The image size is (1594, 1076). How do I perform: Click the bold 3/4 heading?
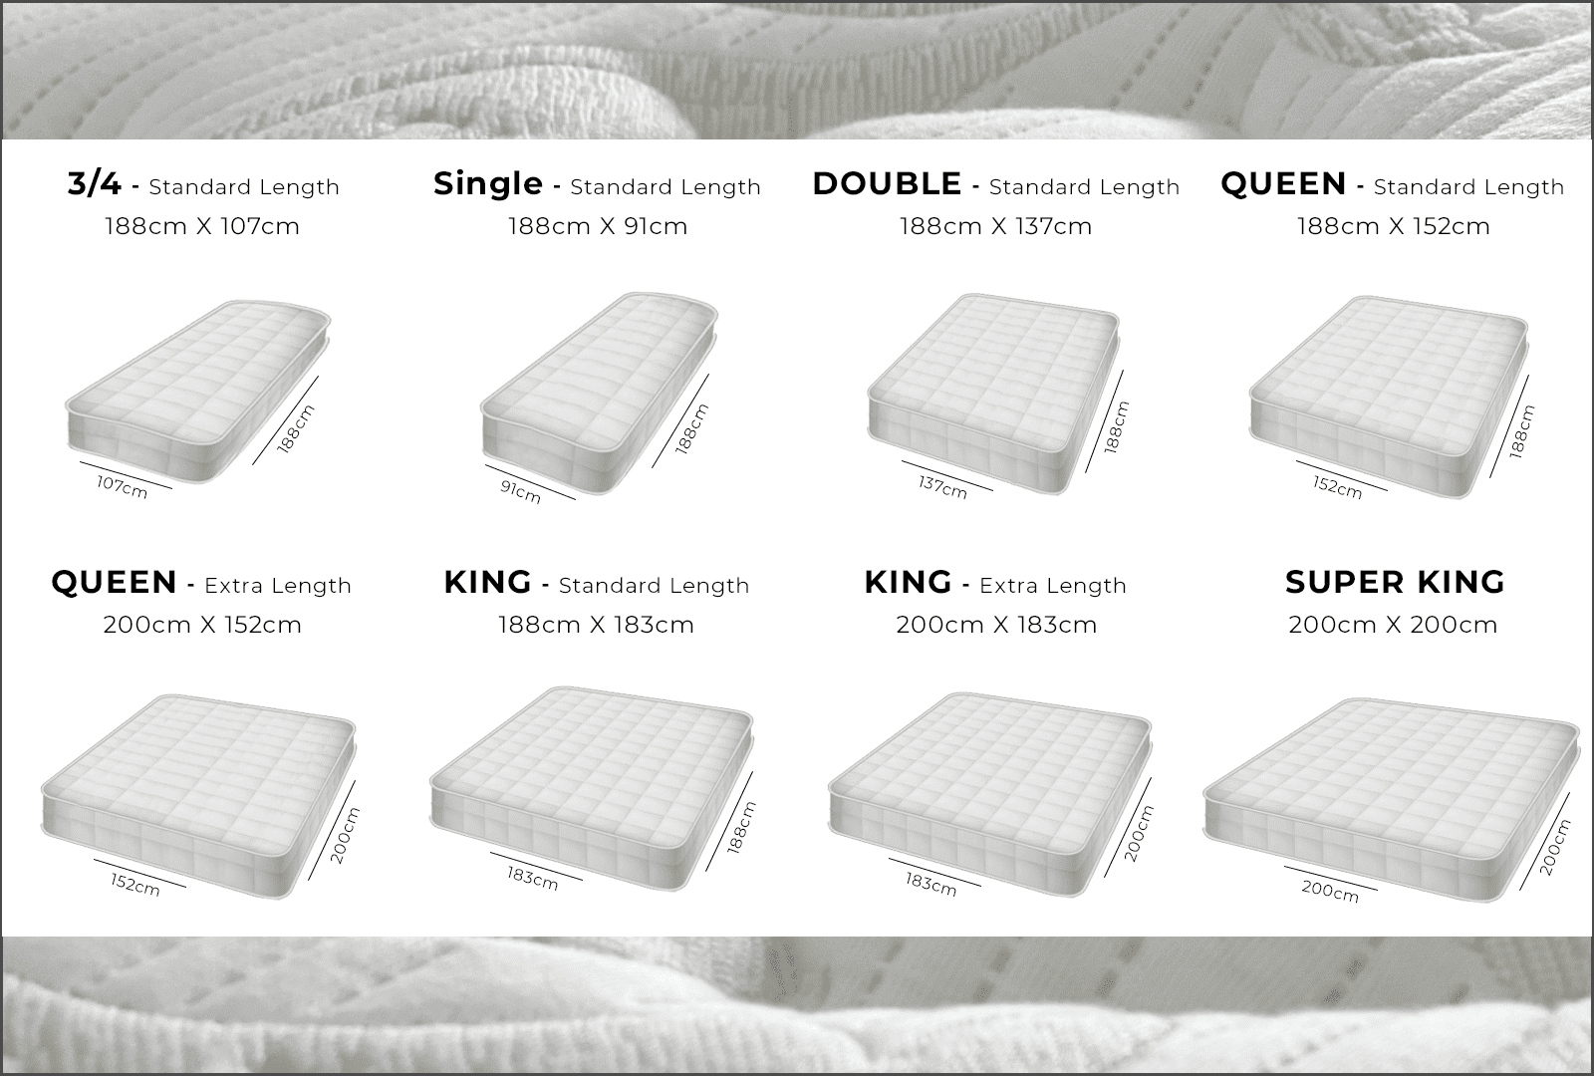95,183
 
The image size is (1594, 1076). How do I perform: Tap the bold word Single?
488,183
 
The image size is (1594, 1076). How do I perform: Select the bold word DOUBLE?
887,183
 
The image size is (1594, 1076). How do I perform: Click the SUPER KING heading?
1395,582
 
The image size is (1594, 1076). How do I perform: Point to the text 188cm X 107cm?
202,226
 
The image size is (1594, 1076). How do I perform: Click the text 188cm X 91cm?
598,226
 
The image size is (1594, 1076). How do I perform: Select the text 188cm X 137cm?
995,226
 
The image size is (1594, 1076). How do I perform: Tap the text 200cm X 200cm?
1393,625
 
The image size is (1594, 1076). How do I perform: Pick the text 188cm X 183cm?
596,625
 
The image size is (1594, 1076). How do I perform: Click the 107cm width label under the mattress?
123,487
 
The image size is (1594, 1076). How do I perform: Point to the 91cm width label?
520,492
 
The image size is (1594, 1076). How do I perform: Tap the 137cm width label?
942,487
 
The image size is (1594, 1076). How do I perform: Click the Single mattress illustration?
600,394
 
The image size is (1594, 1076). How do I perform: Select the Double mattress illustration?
994,394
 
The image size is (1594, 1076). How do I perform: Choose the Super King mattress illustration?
1391,799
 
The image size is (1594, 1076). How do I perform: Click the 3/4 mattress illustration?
198,392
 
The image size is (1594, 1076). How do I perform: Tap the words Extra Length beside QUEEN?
278,586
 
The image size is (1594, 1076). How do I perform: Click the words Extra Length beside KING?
1053,586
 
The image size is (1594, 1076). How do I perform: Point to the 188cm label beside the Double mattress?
1117,427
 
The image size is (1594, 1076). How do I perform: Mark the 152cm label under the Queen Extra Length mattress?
135,885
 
